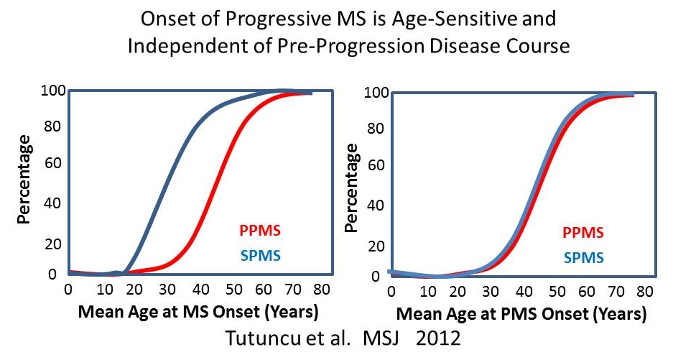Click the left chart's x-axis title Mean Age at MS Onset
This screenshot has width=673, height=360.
(x=198, y=313)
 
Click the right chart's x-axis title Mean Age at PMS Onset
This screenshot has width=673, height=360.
(x=521, y=315)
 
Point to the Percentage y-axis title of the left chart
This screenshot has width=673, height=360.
(x=24, y=177)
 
